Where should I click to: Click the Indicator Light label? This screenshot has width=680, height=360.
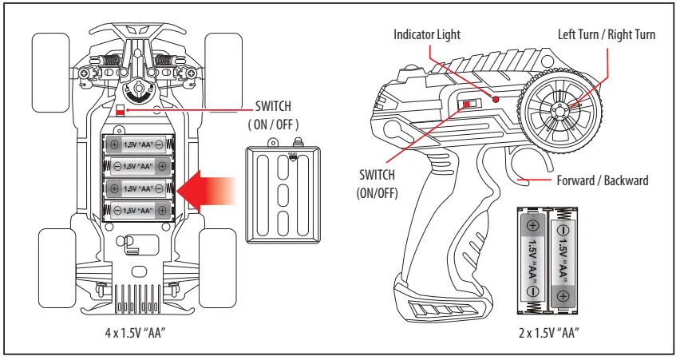pyautogui.click(x=427, y=34)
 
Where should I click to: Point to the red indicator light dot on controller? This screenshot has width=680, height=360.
pyautogui.click(x=496, y=99)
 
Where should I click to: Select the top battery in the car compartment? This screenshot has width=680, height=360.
pyautogui.click(x=138, y=145)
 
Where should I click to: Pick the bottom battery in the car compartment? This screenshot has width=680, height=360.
pyautogui.click(x=138, y=210)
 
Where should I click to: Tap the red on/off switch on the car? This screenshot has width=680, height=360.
pyautogui.click(x=121, y=111)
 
